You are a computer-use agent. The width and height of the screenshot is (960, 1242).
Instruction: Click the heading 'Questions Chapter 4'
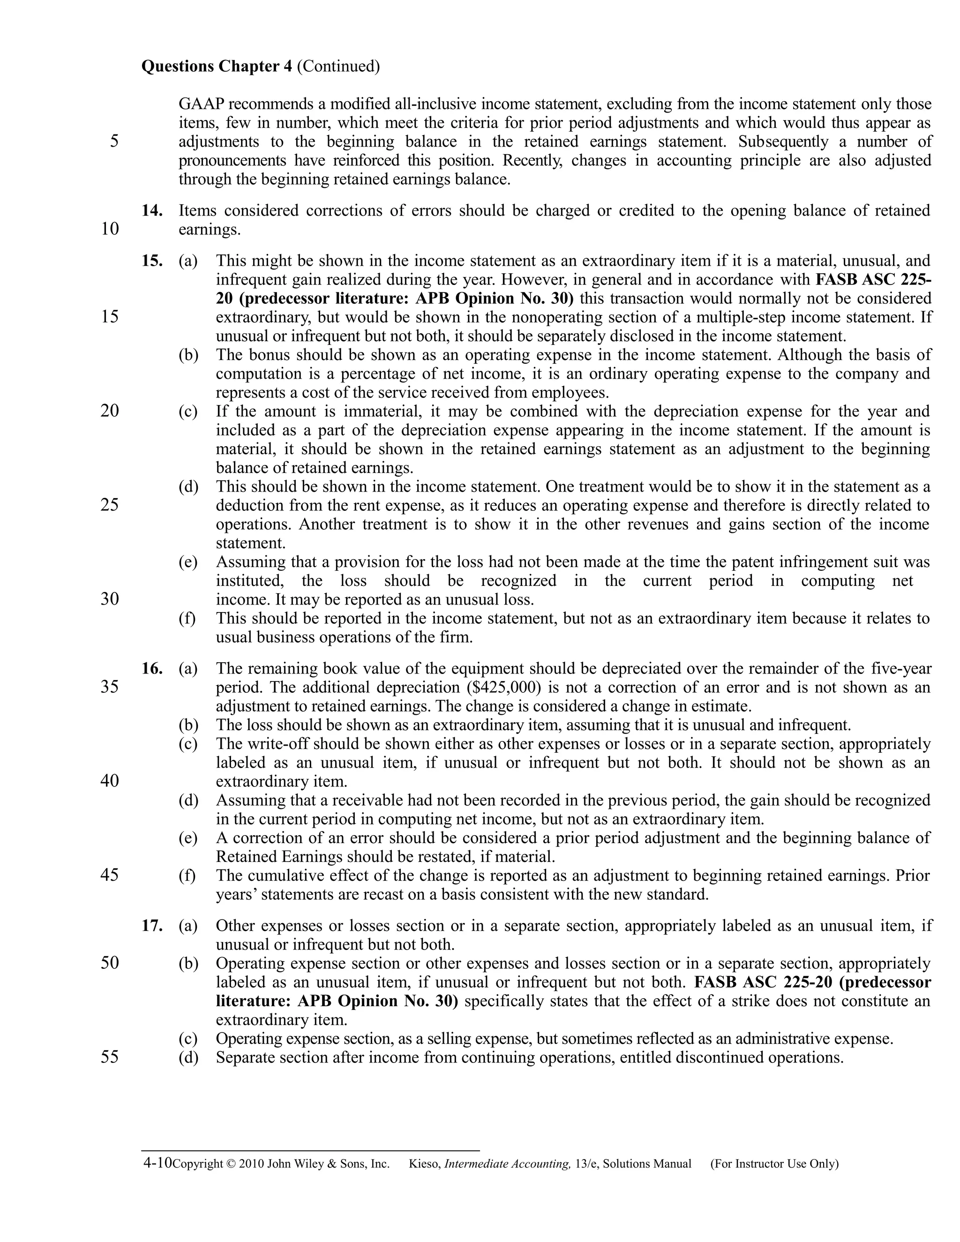(x=216, y=67)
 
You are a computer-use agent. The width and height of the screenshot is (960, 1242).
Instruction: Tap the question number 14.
(x=152, y=210)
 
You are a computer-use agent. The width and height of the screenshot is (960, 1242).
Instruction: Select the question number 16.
(x=152, y=668)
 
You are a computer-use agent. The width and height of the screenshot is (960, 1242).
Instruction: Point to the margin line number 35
(x=110, y=687)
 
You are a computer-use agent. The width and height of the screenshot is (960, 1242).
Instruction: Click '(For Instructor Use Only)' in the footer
(x=774, y=1164)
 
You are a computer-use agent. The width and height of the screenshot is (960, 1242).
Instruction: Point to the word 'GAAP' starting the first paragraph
(x=201, y=104)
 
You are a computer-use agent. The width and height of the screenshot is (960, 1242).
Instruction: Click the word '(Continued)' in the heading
(x=338, y=67)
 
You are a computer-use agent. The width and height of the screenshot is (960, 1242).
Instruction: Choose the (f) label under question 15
(x=187, y=618)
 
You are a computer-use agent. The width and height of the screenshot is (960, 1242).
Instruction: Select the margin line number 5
(x=114, y=141)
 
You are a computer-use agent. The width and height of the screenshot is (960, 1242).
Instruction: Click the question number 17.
(x=152, y=926)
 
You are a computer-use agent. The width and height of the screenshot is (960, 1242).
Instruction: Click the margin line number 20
(x=110, y=411)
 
